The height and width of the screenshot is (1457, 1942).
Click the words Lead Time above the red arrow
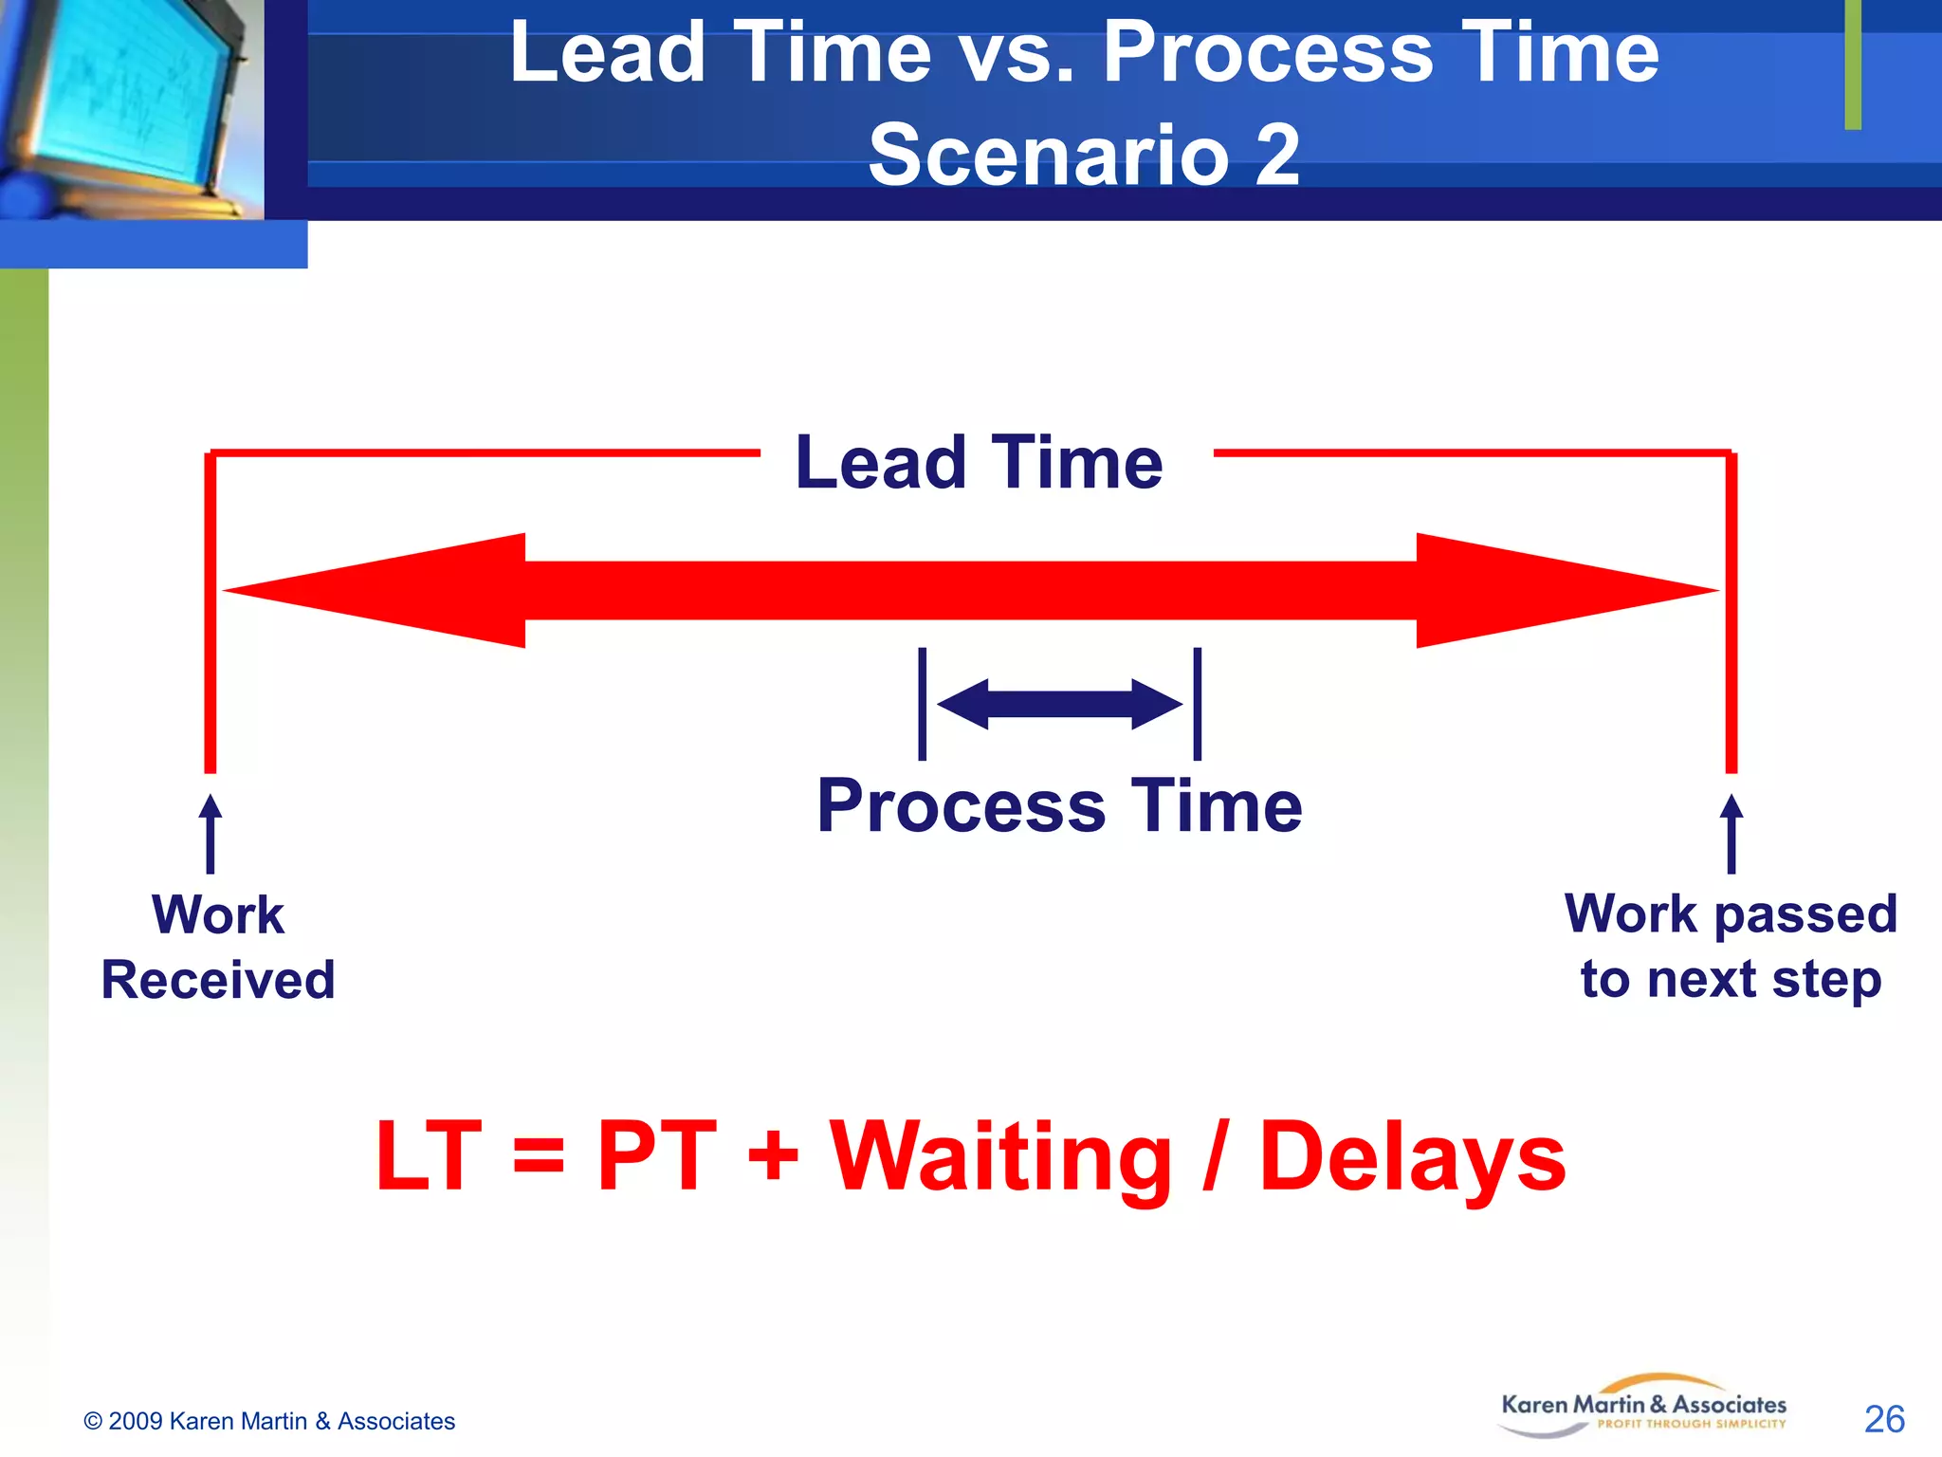[979, 463]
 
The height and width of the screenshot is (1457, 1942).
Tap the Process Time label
[1059, 806]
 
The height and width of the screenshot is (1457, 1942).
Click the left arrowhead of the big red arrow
[379, 590]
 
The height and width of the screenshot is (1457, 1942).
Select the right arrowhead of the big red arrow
[1565, 590]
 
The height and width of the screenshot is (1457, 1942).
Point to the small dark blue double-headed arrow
[1059, 704]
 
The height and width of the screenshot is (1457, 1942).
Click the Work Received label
[218, 947]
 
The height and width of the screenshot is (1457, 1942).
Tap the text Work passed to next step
[1731, 946]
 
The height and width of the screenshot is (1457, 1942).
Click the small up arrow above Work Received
[211, 833]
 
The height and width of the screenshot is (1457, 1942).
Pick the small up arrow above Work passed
[1731, 833]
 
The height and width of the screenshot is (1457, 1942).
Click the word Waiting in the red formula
[1000, 1157]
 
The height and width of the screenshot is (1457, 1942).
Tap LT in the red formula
[429, 1157]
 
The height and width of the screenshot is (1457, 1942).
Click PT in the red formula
[656, 1157]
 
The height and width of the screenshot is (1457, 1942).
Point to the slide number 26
[1883, 1419]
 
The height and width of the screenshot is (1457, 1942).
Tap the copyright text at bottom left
[269, 1421]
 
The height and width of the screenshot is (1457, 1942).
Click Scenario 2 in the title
[1084, 155]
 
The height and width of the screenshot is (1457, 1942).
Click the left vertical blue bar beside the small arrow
[922, 704]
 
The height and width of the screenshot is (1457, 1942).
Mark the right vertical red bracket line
[1731, 612]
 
